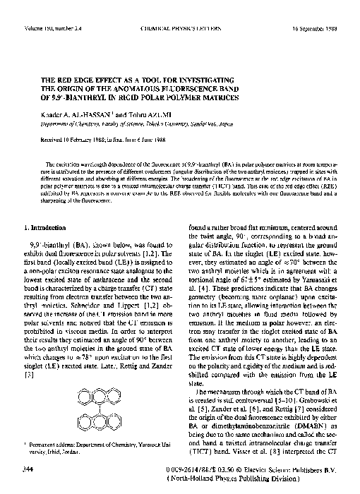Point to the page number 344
(x=28, y=467)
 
